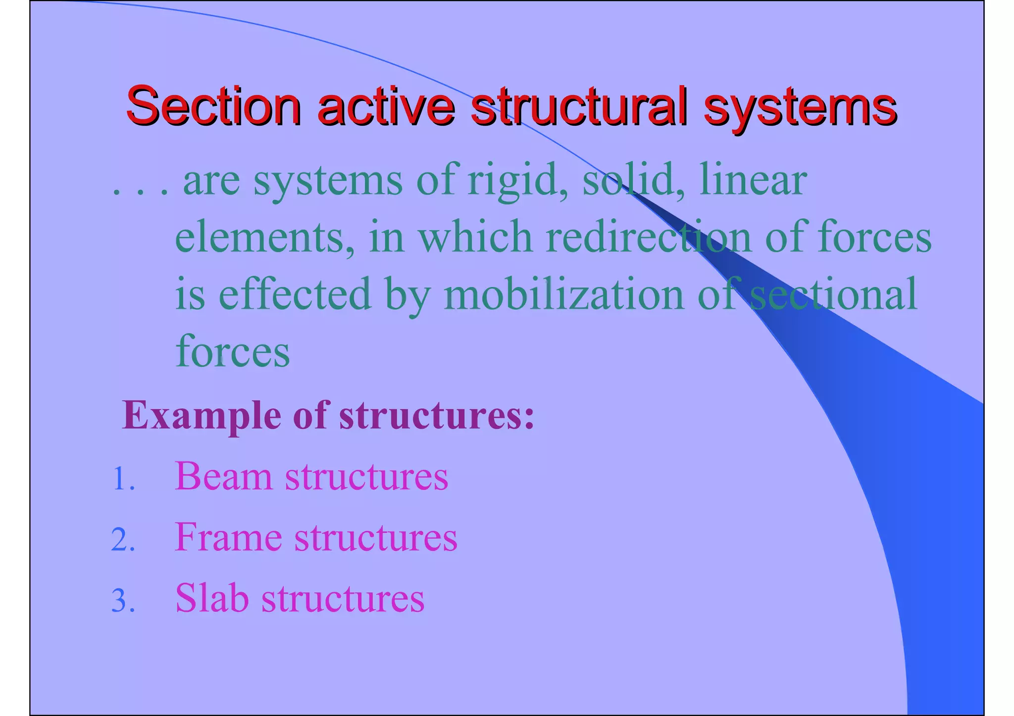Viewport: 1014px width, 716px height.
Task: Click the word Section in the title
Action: (213, 105)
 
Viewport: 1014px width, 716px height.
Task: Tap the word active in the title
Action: (386, 105)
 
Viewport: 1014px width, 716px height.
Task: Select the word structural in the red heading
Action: (579, 105)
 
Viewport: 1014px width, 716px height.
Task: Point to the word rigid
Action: (518, 181)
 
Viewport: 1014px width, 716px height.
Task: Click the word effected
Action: (294, 294)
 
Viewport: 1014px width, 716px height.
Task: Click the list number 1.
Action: (123, 479)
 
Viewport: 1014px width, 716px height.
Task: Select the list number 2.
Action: (123, 540)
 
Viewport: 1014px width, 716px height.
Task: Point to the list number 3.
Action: (123, 601)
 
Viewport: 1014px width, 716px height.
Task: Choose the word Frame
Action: (228, 537)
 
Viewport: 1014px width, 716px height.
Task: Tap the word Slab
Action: (212, 598)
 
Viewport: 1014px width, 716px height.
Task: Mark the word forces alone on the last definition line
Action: (233, 351)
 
